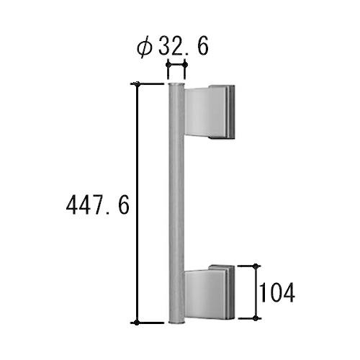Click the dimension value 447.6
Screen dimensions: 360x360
point(98,204)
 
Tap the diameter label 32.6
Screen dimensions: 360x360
point(184,46)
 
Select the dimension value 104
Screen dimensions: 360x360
point(277,293)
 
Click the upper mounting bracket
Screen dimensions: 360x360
point(210,112)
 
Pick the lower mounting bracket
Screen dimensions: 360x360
point(209,292)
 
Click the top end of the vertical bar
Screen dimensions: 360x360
point(176,84)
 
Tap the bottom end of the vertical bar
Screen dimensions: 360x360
point(177,323)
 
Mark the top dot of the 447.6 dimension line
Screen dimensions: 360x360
point(137,84)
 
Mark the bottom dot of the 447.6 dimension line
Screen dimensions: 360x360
point(137,323)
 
